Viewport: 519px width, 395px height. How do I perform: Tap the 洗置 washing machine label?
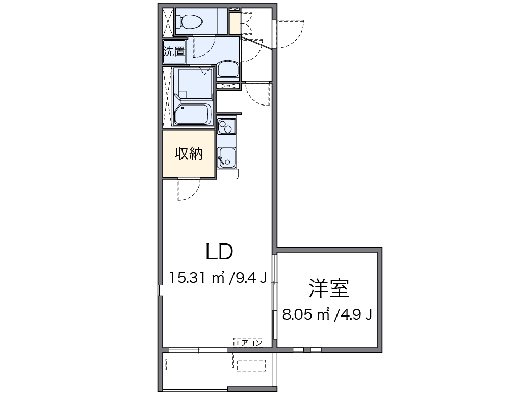point(173,51)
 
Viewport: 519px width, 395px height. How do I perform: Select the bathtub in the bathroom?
point(193,114)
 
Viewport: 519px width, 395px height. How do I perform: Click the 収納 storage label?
point(189,153)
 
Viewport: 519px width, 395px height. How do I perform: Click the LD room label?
point(219,251)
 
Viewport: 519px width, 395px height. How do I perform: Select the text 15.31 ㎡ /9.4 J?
point(218,278)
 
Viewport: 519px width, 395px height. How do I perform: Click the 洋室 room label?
point(328,288)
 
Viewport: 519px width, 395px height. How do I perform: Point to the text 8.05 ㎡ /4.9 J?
point(327,314)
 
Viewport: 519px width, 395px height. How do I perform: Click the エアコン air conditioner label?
point(248,343)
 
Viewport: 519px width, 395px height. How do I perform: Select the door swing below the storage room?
point(189,191)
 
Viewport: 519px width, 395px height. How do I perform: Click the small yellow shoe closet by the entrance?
point(233,23)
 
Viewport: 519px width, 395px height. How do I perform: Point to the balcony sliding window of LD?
point(198,350)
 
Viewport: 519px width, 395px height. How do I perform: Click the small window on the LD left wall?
point(160,290)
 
